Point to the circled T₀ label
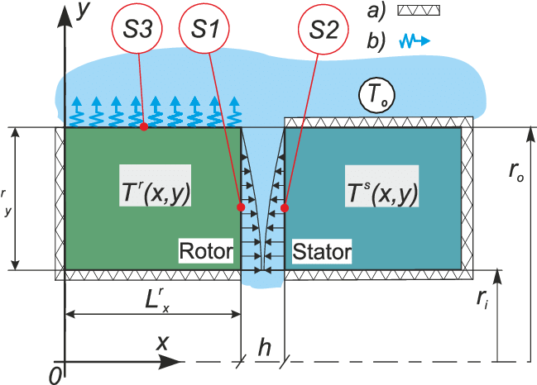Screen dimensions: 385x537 pyautogui.click(x=375, y=96)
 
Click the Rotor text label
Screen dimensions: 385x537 pyautogui.click(x=206, y=250)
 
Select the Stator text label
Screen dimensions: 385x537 pyautogui.click(x=321, y=250)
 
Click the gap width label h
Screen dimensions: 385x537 pyautogui.click(x=264, y=348)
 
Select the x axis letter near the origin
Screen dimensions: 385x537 pyautogui.click(x=163, y=341)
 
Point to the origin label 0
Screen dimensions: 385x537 pyautogui.click(x=55, y=374)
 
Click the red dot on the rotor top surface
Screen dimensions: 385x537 pyautogui.click(x=144, y=126)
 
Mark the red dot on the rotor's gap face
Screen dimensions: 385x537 pyautogui.click(x=241, y=206)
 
